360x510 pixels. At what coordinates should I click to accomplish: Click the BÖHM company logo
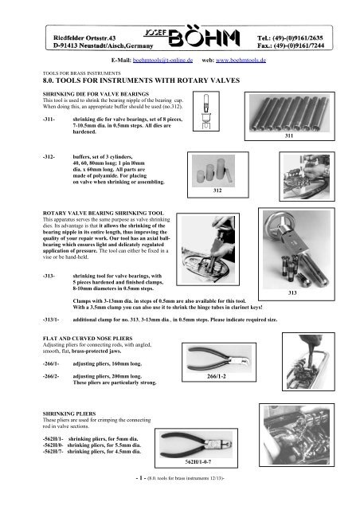[180, 37]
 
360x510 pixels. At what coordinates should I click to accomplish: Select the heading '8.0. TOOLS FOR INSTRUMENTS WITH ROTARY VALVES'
[124, 80]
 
